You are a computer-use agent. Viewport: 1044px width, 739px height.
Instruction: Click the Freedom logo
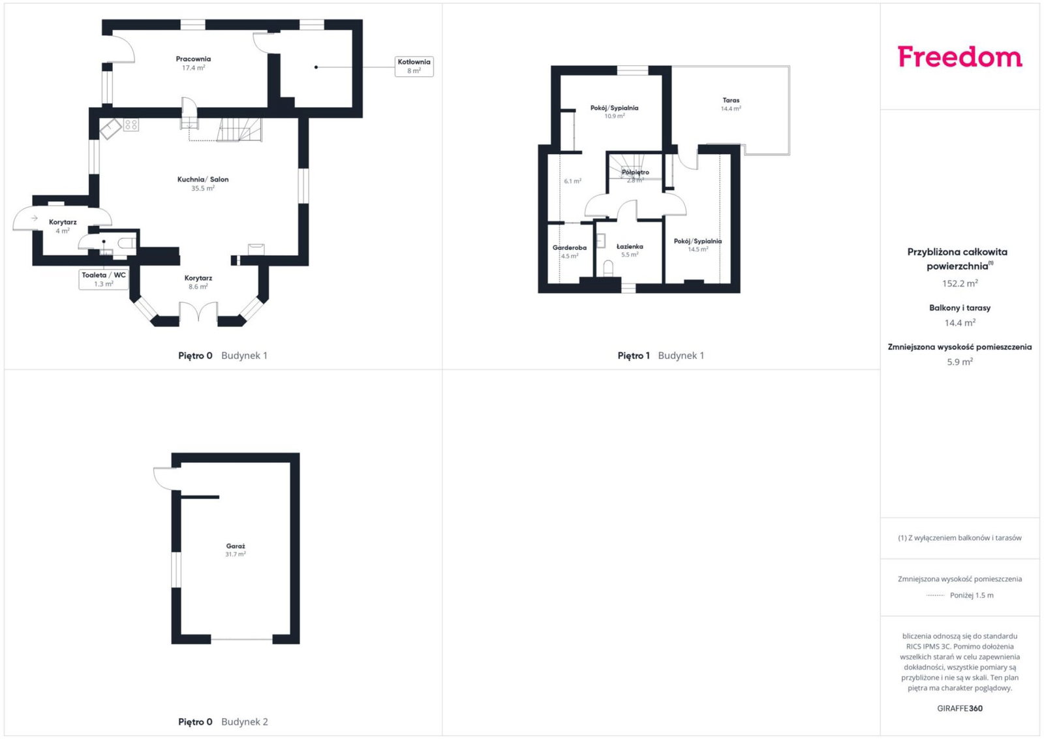coord(960,57)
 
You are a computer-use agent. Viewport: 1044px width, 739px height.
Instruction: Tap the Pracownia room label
coord(193,59)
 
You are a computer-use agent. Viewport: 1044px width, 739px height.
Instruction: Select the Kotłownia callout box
coord(414,66)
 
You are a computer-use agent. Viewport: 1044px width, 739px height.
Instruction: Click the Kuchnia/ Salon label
coord(203,180)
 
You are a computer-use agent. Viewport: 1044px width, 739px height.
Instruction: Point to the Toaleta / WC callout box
coord(104,279)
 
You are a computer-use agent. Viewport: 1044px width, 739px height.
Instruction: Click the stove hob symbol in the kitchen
coord(131,125)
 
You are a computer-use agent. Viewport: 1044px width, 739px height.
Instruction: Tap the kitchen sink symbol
coord(110,129)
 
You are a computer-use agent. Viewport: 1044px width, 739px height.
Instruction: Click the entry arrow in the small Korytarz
coord(35,218)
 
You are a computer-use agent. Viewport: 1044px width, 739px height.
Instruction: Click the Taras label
coord(731,101)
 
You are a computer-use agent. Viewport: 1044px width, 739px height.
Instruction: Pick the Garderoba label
coord(569,247)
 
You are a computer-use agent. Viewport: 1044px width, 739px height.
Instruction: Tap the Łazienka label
coord(630,246)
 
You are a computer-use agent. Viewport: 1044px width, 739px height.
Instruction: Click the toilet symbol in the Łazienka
coord(608,268)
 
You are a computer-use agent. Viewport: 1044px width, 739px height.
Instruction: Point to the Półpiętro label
coord(635,172)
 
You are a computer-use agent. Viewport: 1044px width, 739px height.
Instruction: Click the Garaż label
coord(236,546)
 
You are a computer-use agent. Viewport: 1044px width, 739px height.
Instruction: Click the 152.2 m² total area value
coord(960,283)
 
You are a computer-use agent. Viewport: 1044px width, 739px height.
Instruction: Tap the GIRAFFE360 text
coord(960,708)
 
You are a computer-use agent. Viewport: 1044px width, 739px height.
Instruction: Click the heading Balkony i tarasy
coord(960,307)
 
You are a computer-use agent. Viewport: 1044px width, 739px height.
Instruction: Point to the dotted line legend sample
coord(935,595)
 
